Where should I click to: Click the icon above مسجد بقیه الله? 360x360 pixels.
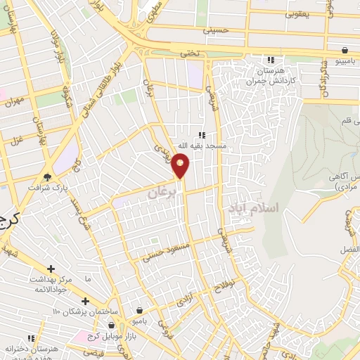[x=202, y=135]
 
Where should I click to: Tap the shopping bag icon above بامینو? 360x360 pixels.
[x=345, y=50]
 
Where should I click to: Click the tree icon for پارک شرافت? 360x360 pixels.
[x=48, y=177]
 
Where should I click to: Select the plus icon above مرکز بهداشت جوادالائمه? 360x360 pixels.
[x=51, y=269]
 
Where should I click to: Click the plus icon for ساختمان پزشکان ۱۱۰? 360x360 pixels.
[x=85, y=301]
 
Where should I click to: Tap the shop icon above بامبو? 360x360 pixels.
[x=140, y=310]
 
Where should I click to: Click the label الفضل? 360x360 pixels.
[x=349, y=250]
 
